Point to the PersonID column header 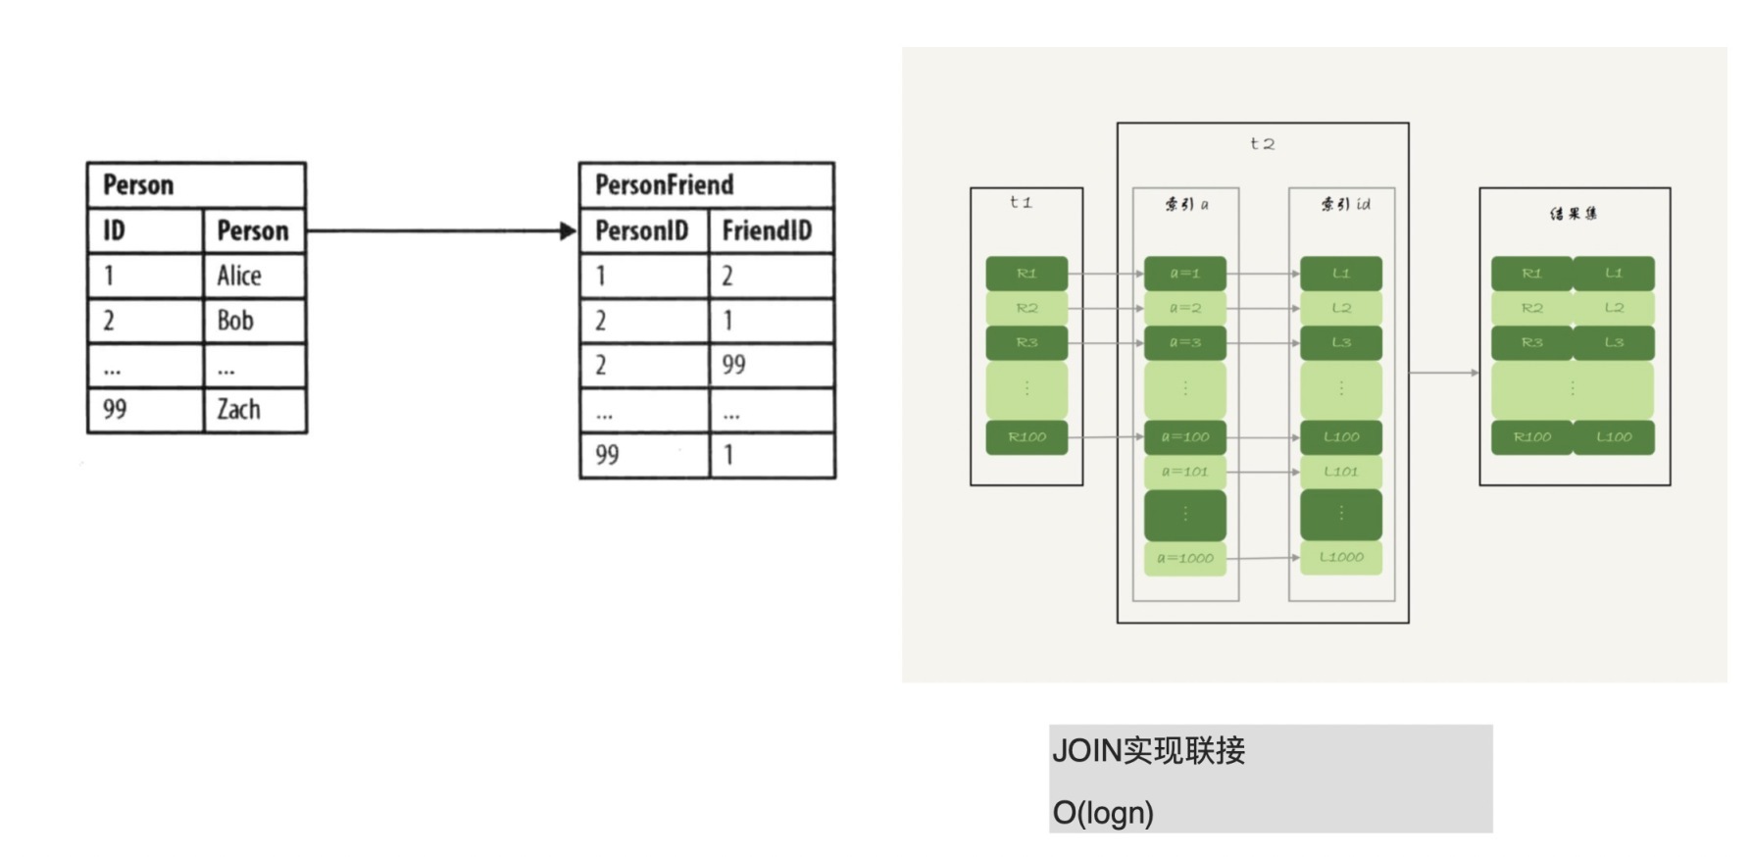642,230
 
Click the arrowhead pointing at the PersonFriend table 568,231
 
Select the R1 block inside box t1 1026,274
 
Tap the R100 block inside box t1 1026,437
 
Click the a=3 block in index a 1184,343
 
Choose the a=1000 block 1184,558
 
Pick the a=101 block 1184,472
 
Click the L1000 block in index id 1341,557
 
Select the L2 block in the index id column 1341,308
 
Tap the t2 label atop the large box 1262,144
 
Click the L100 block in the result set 1614,437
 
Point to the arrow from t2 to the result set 1444,373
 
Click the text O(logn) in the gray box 1103,812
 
